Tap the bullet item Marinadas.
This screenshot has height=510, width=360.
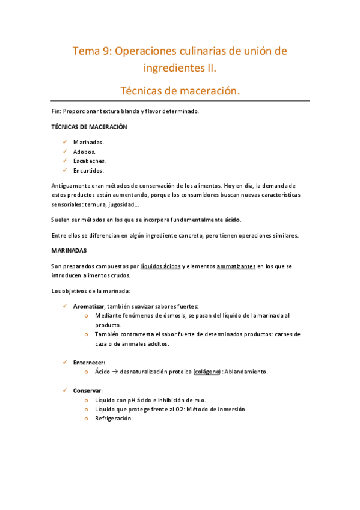[88, 142]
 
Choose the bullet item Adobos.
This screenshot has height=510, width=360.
[85, 152]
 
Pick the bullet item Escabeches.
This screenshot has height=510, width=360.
[90, 161]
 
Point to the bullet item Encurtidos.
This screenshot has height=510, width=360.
[89, 171]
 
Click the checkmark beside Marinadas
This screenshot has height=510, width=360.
[65, 142]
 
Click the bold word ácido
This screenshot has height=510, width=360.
[233, 219]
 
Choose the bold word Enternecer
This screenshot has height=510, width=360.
[89, 363]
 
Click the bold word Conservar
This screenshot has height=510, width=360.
[88, 390]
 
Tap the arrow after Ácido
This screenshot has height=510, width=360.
[114, 372]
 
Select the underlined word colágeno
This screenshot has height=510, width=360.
[207, 372]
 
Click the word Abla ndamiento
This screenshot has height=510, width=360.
[246, 372]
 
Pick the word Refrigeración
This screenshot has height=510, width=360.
[114, 419]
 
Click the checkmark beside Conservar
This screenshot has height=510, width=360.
[65, 390]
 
